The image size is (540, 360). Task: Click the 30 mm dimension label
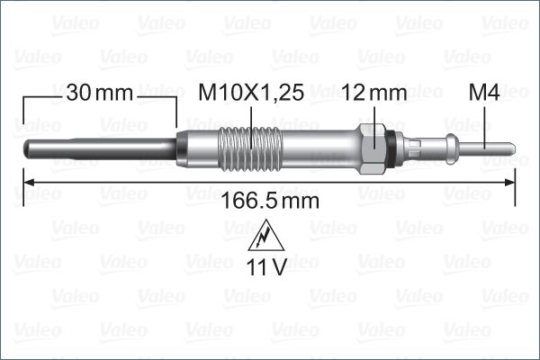coord(100,93)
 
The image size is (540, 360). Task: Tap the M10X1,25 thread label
coord(251,93)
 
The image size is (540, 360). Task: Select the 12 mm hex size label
coord(374,93)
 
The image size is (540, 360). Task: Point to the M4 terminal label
coord(484,93)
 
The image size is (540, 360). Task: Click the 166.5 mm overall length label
coord(270,201)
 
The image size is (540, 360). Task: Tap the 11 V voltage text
coord(265,267)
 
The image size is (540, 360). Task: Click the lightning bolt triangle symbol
coord(265,235)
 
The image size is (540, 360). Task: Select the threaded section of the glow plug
coord(251,148)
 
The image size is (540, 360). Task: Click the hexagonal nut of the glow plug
coord(372,148)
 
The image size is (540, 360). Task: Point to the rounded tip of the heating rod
coord(26,148)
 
